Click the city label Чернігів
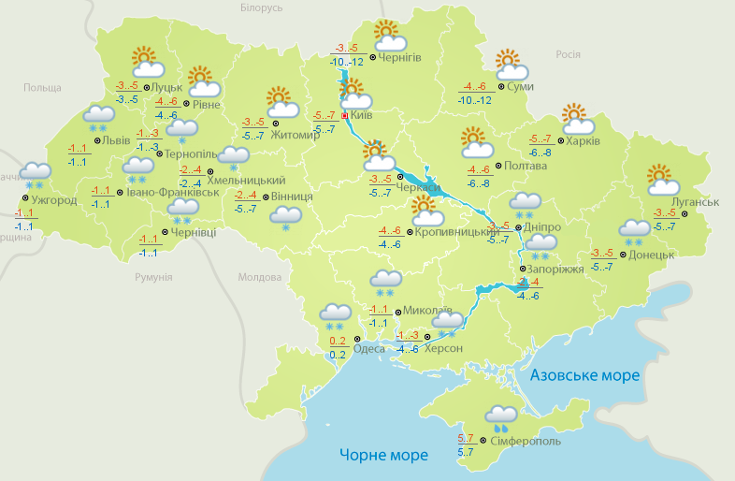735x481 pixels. (x=401, y=57)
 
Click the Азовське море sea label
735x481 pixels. (x=584, y=375)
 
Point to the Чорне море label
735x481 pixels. (x=383, y=455)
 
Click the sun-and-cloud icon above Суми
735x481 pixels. (x=511, y=66)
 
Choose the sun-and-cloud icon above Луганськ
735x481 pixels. (x=662, y=179)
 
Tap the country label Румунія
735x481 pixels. (x=153, y=278)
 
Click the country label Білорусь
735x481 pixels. (x=261, y=7)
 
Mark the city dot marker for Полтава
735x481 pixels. (x=497, y=166)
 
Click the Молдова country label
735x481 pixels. (x=259, y=278)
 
